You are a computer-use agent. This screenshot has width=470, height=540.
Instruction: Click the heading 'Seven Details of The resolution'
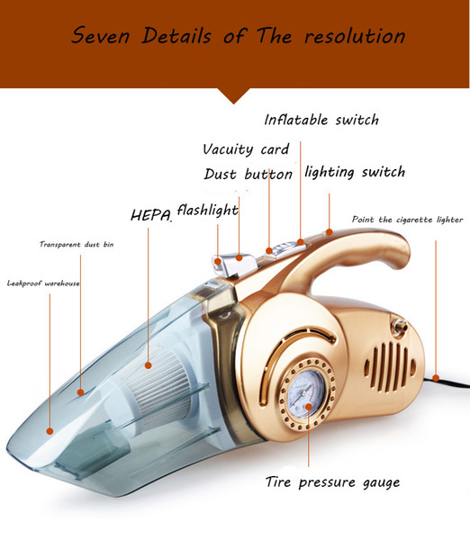238,35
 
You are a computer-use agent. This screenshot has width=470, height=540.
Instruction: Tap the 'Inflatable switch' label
321,120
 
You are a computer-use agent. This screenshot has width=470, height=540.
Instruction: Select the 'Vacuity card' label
246,149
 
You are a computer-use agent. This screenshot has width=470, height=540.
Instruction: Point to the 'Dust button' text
249,174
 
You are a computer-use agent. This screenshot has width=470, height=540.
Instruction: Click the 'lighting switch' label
355,172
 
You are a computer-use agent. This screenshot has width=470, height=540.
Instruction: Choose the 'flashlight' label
208,210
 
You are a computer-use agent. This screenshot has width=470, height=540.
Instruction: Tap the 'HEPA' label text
151,216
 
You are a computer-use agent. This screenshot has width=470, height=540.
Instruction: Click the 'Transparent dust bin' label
77,244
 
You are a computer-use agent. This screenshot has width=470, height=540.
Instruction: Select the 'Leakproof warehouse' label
43,283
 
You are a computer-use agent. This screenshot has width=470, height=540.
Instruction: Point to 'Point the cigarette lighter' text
408,220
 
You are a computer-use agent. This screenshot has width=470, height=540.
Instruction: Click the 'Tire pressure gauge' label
333,481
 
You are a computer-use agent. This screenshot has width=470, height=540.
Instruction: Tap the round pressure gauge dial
307,393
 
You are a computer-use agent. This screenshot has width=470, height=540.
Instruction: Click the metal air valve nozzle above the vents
400,327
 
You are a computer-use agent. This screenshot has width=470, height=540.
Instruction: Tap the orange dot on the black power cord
436,379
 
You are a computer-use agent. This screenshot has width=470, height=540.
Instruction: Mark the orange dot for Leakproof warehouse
50,431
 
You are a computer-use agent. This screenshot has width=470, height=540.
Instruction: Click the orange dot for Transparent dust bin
81,392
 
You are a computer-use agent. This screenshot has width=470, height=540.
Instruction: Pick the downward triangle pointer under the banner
234,95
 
